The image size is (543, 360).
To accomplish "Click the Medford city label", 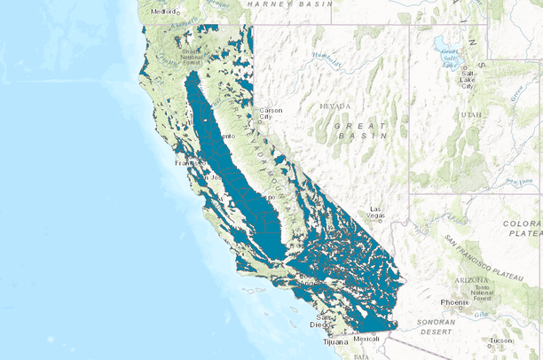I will [x=163, y=12].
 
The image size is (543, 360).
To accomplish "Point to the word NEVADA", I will [x=335, y=106].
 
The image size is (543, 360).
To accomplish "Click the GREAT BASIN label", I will [x=360, y=132].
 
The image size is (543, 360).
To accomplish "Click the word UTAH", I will [x=471, y=115].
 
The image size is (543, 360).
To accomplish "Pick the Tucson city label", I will [x=500, y=340].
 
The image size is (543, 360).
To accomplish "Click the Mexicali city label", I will [x=366, y=338].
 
